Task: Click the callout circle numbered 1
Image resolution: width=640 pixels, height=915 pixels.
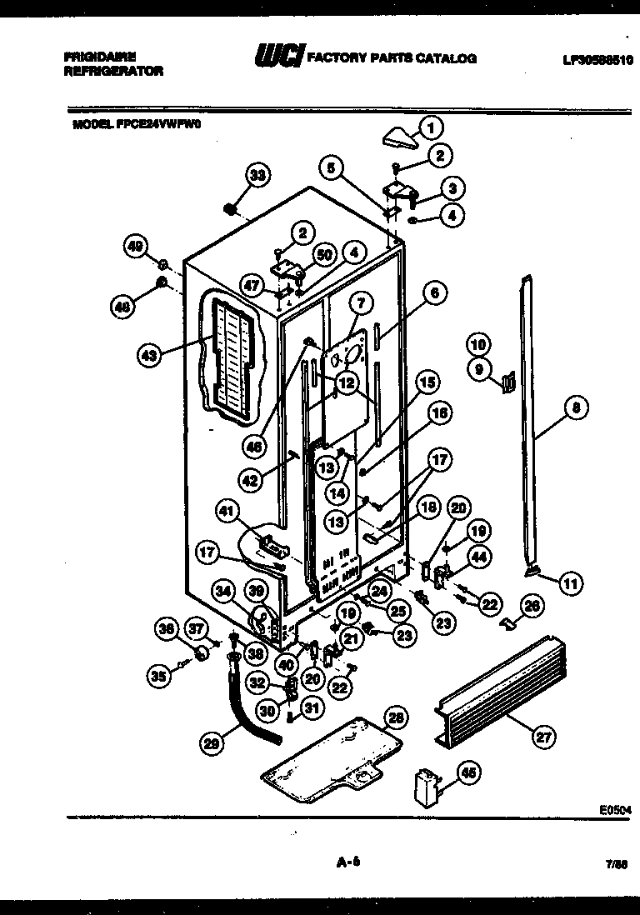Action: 431,127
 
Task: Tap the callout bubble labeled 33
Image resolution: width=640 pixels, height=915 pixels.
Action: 258,175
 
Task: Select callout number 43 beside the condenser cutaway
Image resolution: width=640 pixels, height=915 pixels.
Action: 149,354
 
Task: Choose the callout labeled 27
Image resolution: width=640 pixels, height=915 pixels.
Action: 543,735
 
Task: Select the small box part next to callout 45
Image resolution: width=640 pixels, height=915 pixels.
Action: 426,787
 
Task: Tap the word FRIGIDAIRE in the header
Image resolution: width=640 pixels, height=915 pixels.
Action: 99,57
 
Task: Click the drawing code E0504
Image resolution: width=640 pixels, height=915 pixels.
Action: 615,808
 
